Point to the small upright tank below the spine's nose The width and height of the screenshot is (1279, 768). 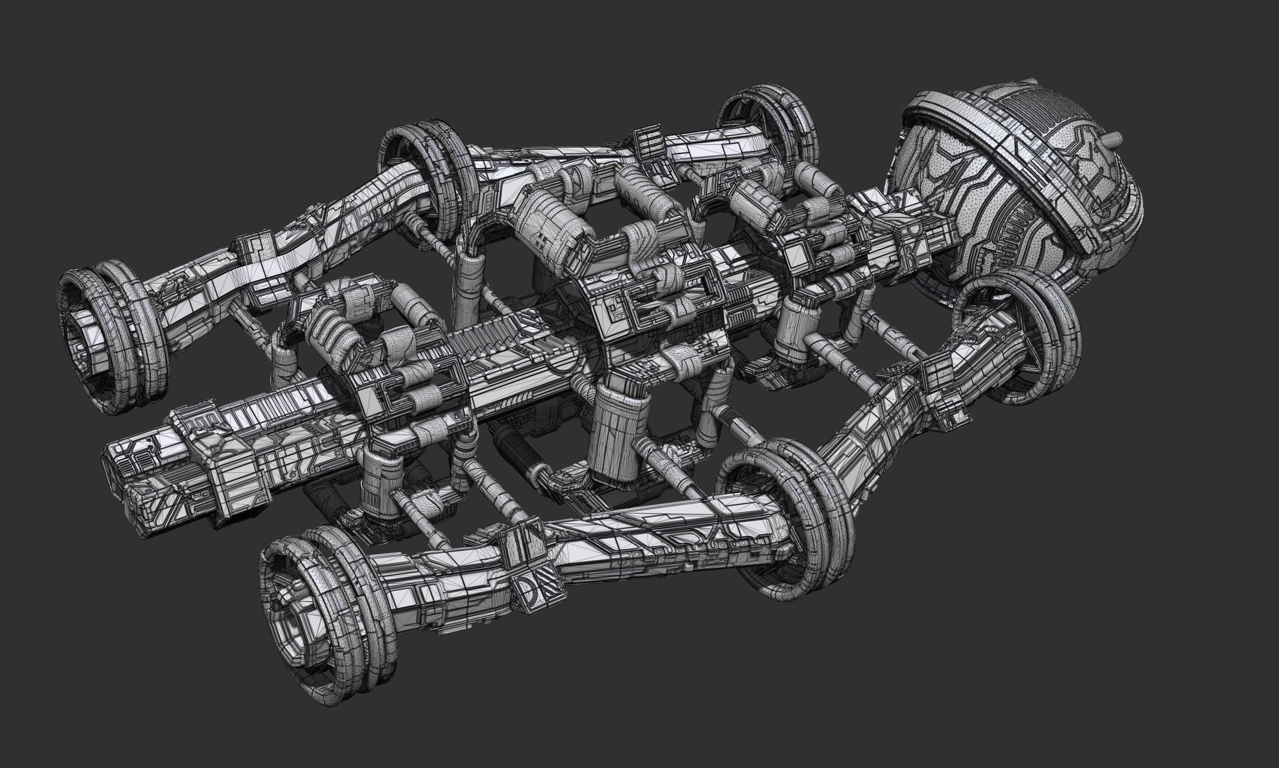coord(380,479)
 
